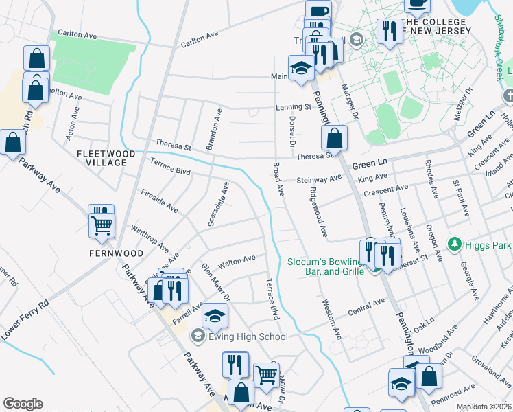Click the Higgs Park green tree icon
453,244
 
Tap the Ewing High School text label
248,336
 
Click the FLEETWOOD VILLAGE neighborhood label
102,158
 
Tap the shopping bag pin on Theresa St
334,138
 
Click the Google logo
23,404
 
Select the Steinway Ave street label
319,179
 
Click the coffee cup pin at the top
318,11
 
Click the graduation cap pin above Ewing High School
215,317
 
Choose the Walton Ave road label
237,262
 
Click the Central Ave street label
366,304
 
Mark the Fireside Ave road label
159,201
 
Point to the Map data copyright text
484,407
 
